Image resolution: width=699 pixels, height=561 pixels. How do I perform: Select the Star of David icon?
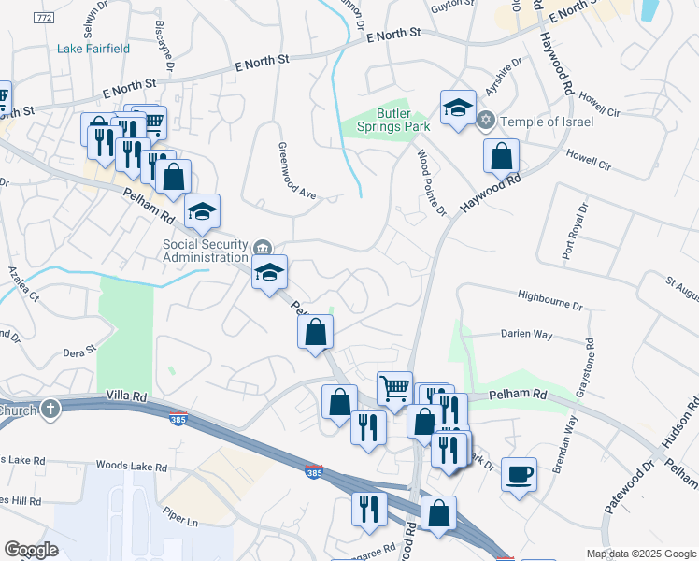[x=485, y=120]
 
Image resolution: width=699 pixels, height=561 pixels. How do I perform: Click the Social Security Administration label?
[x=206, y=251]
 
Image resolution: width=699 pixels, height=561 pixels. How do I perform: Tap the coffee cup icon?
[x=520, y=474]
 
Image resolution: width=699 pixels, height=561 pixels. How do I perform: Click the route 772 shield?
[x=43, y=18]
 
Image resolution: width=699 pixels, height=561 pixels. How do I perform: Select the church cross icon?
[x=50, y=408]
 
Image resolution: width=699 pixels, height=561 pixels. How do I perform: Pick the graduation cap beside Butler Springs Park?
[x=459, y=108]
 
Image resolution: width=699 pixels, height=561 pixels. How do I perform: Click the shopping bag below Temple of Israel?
[x=502, y=156]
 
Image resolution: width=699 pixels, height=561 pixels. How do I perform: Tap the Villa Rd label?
[x=126, y=396]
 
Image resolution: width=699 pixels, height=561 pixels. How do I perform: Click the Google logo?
[x=31, y=550]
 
